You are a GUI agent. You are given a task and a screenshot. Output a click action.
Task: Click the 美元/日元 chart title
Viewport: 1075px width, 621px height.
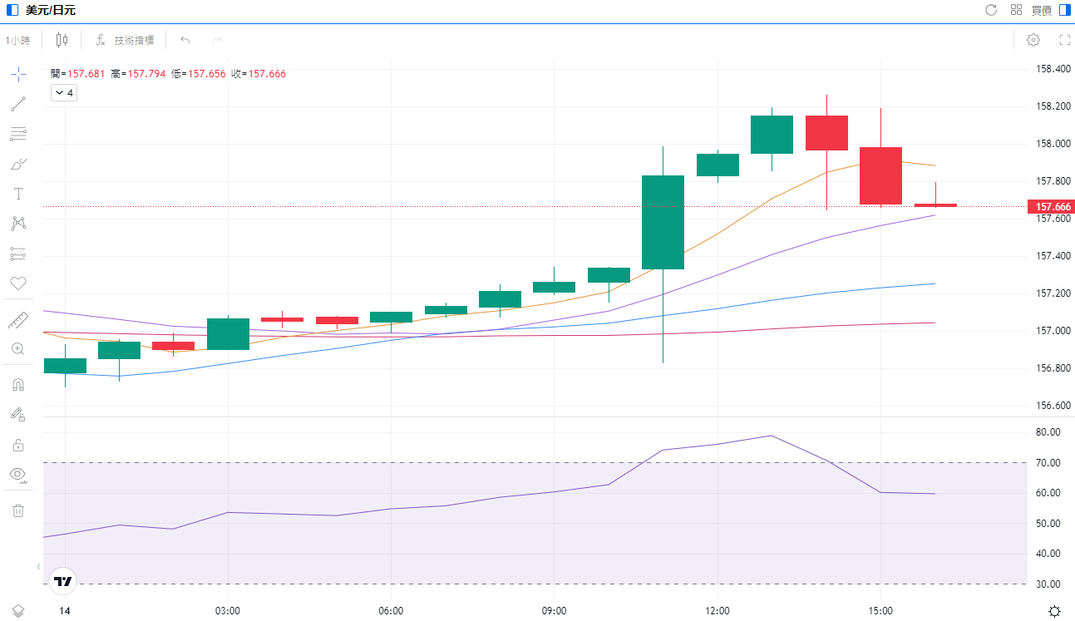click(51, 10)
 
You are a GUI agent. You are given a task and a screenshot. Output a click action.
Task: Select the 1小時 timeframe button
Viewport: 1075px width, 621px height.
click(17, 40)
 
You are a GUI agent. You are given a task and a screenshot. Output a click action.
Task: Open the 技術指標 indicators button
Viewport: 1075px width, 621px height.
click(126, 40)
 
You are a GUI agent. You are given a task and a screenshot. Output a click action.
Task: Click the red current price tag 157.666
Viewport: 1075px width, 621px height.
click(1051, 206)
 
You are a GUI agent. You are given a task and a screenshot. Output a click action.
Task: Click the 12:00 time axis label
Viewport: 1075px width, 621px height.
click(717, 611)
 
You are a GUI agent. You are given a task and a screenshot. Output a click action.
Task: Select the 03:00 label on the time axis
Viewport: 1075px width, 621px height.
click(228, 611)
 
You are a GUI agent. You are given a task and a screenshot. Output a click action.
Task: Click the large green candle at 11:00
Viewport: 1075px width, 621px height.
click(663, 222)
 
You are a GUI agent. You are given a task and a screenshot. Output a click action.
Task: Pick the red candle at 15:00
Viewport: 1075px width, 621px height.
click(880, 175)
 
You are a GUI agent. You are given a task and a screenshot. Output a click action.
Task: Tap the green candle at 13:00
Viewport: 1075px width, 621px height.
click(772, 135)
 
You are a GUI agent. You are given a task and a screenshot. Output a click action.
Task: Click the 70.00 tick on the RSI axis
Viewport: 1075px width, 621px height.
click(1048, 463)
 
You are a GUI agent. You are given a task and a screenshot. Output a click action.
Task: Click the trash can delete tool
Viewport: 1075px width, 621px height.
click(18, 510)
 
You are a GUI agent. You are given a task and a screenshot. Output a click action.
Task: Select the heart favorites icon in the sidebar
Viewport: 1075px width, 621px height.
click(18, 283)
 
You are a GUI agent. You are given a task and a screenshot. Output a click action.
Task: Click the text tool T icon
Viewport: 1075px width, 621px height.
click(18, 194)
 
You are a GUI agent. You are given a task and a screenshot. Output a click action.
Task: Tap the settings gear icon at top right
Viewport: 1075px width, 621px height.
click(1033, 40)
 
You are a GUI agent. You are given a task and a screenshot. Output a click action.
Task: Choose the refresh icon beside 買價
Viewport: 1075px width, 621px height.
click(991, 10)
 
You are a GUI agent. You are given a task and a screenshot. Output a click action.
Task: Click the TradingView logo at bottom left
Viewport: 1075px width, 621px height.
click(63, 581)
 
